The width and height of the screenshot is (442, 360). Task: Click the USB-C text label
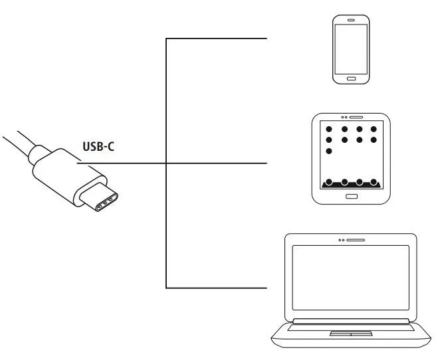(x=98, y=146)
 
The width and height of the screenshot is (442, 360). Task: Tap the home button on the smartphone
(x=351, y=78)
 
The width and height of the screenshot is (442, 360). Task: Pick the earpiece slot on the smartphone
(x=351, y=20)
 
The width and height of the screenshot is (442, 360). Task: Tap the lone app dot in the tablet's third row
(x=328, y=152)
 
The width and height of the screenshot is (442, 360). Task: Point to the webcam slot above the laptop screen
(x=354, y=239)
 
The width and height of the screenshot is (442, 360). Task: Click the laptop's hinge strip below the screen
(x=350, y=321)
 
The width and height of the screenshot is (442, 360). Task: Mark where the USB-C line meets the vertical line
(x=166, y=163)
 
